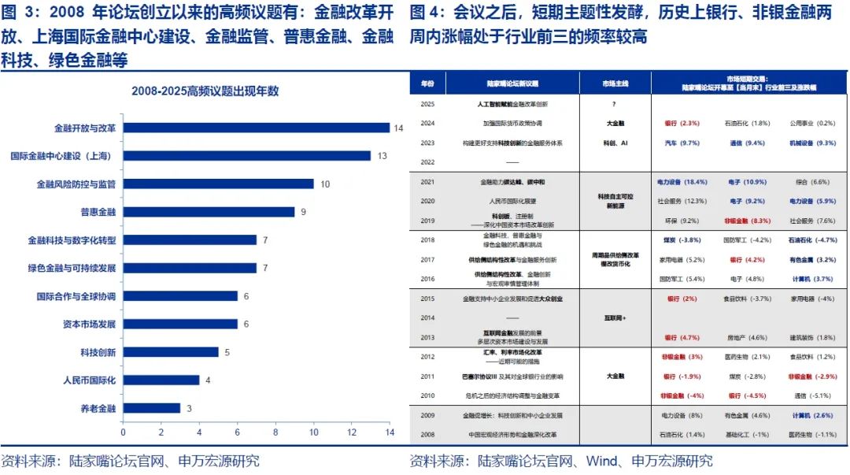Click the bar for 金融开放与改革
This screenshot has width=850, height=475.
(x=256, y=128)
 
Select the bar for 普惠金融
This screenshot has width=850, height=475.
(x=209, y=212)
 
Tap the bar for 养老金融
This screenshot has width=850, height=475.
(x=151, y=409)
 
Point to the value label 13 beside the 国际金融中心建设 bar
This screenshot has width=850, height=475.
(x=382, y=156)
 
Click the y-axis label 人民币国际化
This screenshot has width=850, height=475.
(x=89, y=380)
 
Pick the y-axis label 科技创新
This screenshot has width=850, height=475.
(x=98, y=352)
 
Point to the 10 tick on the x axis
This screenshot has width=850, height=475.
(x=314, y=432)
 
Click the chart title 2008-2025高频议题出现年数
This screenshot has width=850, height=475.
(x=205, y=91)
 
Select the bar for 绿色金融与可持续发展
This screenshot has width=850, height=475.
(x=190, y=268)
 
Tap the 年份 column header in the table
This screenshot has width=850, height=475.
(x=427, y=83)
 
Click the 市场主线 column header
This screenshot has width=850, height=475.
(x=613, y=83)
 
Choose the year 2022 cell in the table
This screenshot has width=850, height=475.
(x=427, y=161)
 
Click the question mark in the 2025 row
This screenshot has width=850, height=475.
(x=613, y=104)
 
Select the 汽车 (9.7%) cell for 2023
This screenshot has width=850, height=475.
(x=678, y=143)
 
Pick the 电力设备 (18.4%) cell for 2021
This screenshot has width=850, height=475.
(x=678, y=182)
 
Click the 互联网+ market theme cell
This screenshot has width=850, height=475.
(x=613, y=318)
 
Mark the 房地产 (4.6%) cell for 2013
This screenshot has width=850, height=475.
(x=745, y=338)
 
